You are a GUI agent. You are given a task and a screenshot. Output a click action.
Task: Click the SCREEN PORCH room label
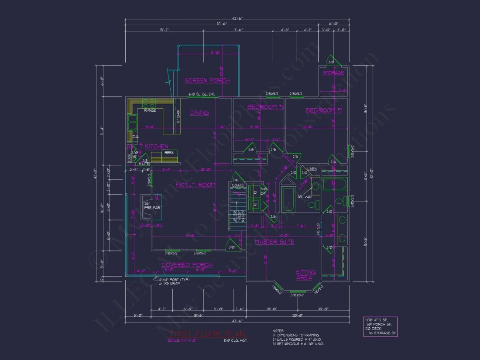point(207,80)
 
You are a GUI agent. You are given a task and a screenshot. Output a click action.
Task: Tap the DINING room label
point(199,113)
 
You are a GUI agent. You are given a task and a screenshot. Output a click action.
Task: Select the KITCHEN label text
point(156,146)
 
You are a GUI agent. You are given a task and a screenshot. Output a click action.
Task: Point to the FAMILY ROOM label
point(195,185)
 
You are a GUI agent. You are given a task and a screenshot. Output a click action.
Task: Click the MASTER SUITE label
point(274,242)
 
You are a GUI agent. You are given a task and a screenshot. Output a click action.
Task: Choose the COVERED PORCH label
point(187,265)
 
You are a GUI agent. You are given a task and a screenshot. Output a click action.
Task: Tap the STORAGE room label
point(333,73)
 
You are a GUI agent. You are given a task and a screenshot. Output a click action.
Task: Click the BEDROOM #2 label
point(323,110)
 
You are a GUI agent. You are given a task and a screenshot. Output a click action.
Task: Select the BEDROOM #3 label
point(265,107)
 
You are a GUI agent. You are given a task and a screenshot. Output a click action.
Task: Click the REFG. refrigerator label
point(169,153)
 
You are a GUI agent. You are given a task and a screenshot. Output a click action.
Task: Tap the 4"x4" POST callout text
point(175,279)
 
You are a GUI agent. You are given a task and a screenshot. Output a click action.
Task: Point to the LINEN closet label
point(312,168)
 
